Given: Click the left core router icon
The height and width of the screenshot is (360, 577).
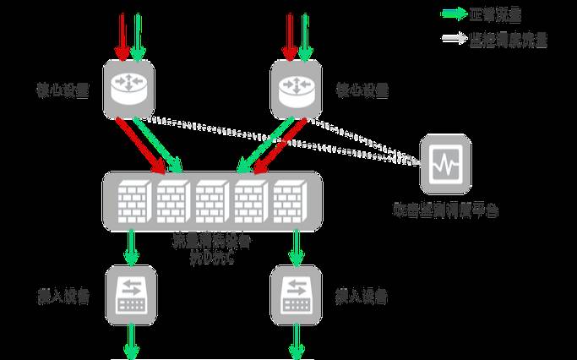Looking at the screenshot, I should [x=129, y=88].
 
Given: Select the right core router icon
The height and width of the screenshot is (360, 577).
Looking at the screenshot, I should [x=297, y=88].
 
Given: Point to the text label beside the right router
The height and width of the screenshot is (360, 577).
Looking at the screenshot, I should [x=362, y=90].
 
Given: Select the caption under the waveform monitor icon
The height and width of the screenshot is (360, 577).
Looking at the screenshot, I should [x=446, y=209].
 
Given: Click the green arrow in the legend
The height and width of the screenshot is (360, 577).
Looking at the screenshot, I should [x=454, y=14].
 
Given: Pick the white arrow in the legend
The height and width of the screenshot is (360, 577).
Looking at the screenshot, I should [x=454, y=39].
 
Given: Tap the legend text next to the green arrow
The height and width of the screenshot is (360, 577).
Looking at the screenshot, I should [x=498, y=14].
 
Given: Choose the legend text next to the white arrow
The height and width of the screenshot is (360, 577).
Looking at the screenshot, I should [x=509, y=39].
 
